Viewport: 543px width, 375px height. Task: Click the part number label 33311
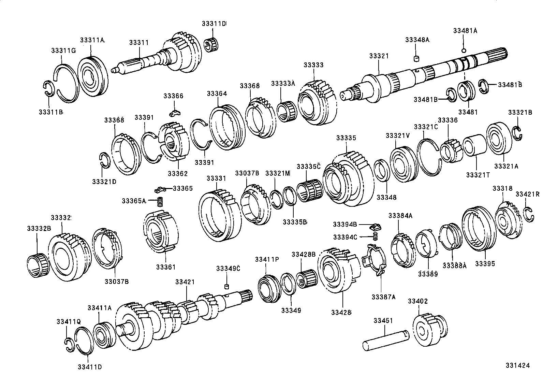tap(139, 43)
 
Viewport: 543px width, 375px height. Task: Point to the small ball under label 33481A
tap(464, 51)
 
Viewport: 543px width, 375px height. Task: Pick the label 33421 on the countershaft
tap(185, 282)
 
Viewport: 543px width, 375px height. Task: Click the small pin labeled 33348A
tap(416, 59)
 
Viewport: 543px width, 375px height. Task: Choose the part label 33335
tap(346, 138)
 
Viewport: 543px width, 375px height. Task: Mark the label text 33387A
tap(383, 297)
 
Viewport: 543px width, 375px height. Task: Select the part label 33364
tap(217, 93)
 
